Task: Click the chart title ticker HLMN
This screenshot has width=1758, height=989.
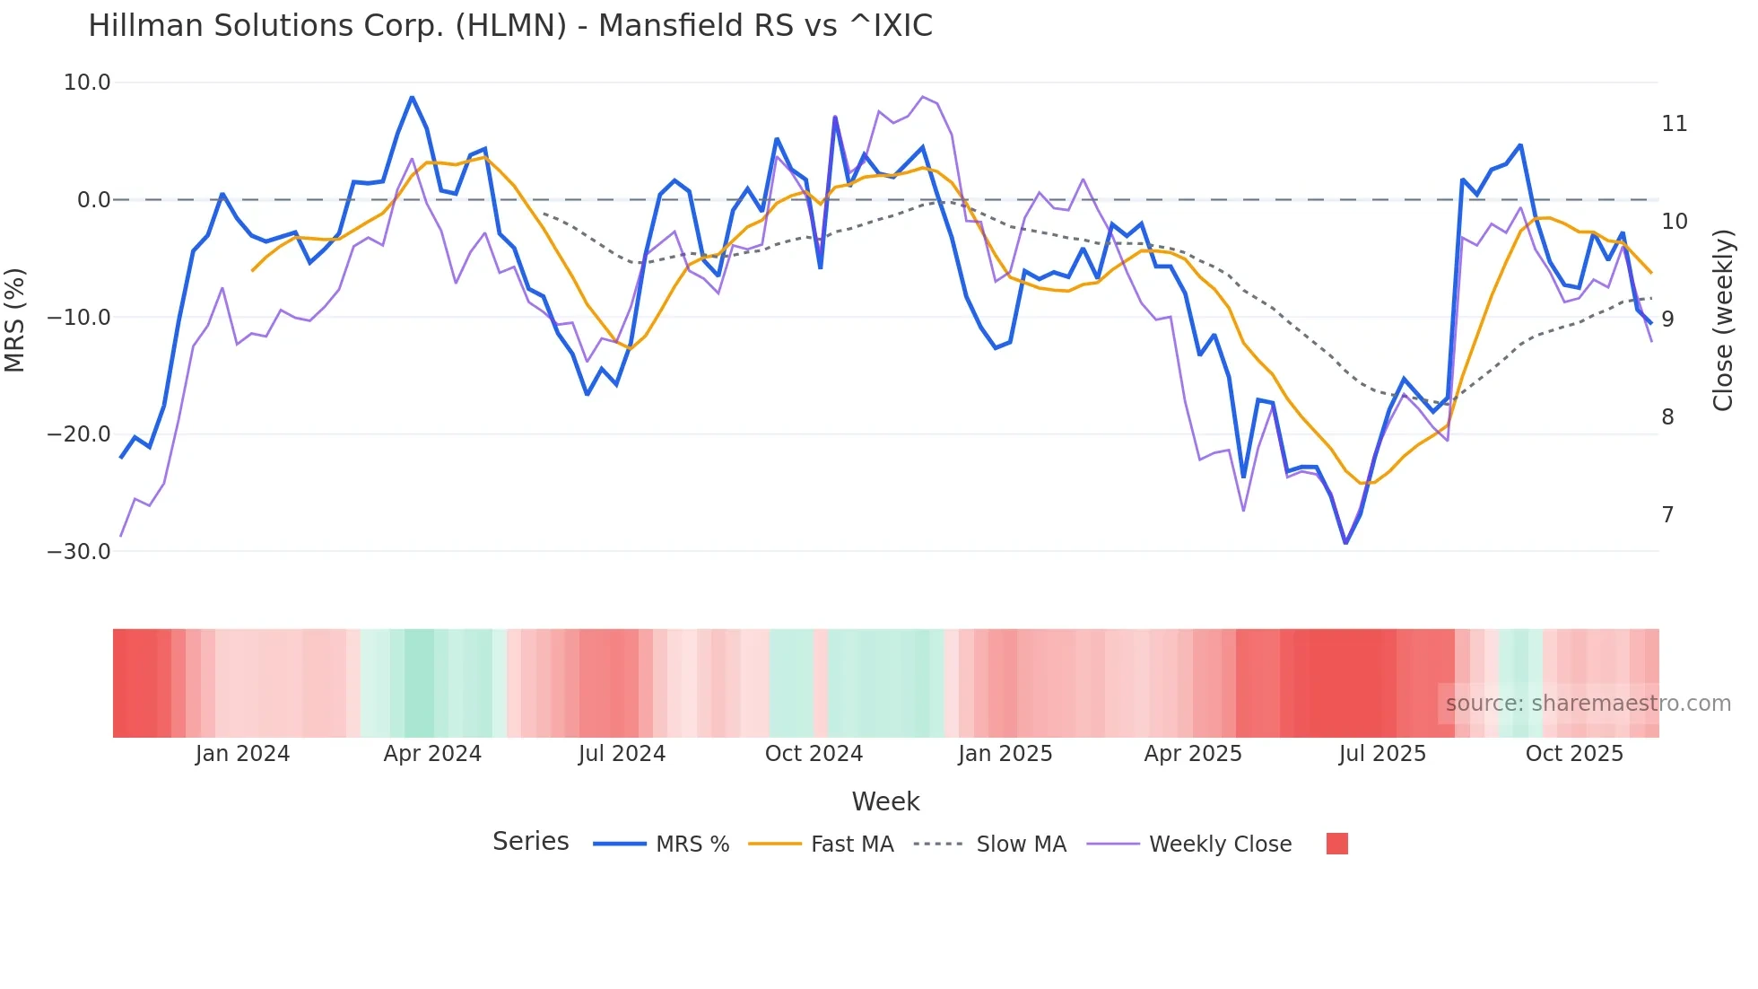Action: [510, 26]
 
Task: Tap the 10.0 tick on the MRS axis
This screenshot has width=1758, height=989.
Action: [87, 83]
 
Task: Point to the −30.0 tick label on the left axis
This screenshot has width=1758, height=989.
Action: [79, 552]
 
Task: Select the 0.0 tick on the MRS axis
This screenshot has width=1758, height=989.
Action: [94, 200]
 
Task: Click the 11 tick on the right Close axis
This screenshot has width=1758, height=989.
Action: [1674, 124]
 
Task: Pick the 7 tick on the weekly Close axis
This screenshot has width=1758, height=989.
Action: [1667, 515]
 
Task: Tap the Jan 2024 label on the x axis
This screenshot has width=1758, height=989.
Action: [242, 754]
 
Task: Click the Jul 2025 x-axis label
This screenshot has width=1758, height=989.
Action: [1382, 754]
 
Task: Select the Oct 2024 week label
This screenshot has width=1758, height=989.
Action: [814, 754]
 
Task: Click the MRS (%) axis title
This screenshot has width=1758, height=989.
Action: [15, 319]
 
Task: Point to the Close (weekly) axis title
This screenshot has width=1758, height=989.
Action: [1723, 320]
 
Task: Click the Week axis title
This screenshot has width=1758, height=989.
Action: [885, 801]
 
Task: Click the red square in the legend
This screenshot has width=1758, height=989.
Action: [1336, 844]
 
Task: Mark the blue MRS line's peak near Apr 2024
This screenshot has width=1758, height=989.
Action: [412, 97]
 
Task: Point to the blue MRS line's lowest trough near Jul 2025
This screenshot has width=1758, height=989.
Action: [1345, 542]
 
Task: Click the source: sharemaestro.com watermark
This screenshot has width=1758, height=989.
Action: [1588, 704]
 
